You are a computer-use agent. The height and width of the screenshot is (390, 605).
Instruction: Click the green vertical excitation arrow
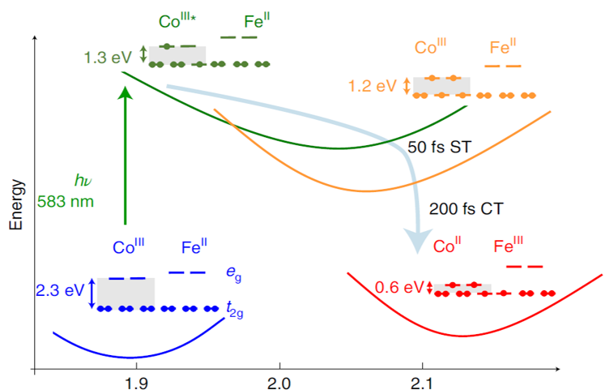[125, 154]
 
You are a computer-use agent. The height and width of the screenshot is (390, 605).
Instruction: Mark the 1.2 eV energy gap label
[374, 85]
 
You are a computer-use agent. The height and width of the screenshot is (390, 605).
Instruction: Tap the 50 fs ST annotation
[441, 147]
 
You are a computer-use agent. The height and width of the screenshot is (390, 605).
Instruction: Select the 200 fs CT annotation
[466, 208]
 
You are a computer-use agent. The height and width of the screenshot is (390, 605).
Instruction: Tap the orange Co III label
[431, 47]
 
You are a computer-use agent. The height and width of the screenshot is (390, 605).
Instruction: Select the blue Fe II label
[195, 248]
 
